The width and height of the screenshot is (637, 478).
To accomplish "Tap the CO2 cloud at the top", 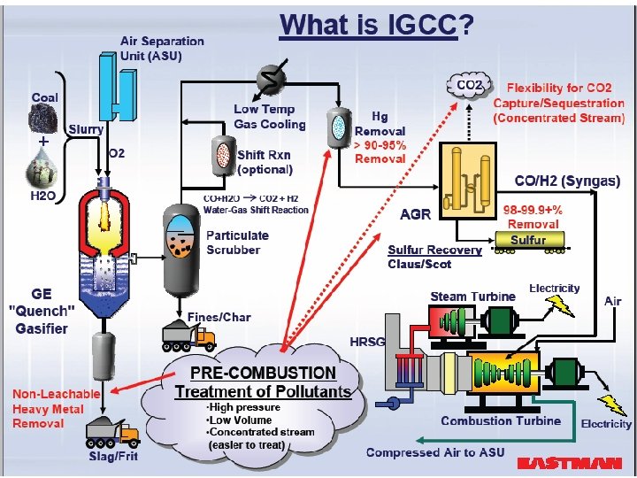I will (469, 86).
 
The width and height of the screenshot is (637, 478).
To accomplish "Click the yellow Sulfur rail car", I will (529, 241).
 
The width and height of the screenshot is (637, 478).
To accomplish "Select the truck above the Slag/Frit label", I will (111, 433).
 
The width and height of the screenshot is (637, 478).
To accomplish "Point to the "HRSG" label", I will (366, 342).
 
